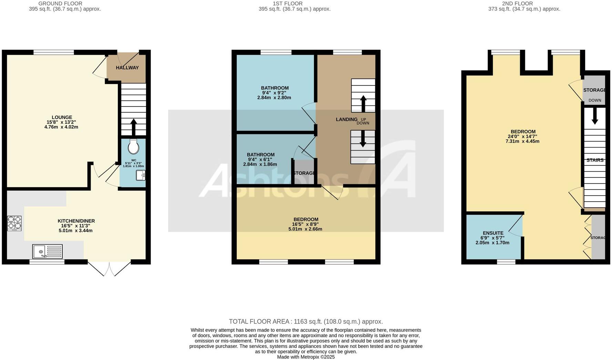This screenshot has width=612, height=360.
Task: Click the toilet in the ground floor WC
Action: point(133,147)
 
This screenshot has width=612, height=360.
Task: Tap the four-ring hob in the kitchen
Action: point(14,223)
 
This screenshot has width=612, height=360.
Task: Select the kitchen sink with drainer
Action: point(48,251)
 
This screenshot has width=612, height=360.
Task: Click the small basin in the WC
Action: point(141,176)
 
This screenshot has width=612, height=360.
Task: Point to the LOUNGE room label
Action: point(62,117)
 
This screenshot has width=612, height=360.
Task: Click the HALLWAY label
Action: point(127,68)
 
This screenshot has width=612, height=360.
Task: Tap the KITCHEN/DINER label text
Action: point(76,221)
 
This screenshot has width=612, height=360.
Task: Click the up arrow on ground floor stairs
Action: point(134,126)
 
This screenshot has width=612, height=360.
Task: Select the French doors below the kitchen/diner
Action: point(109,268)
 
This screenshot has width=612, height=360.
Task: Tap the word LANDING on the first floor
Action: point(347,120)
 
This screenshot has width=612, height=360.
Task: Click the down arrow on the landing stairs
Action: point(363,139)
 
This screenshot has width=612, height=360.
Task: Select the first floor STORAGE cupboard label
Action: point(304,173)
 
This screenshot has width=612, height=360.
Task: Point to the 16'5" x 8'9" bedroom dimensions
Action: point(306,224)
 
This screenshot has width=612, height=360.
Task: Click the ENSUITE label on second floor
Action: point(493,233)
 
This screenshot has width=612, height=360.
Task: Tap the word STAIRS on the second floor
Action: point(595,160)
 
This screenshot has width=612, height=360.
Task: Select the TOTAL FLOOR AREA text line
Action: point(306,321)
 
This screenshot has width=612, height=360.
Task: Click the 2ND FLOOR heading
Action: point(517,4)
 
